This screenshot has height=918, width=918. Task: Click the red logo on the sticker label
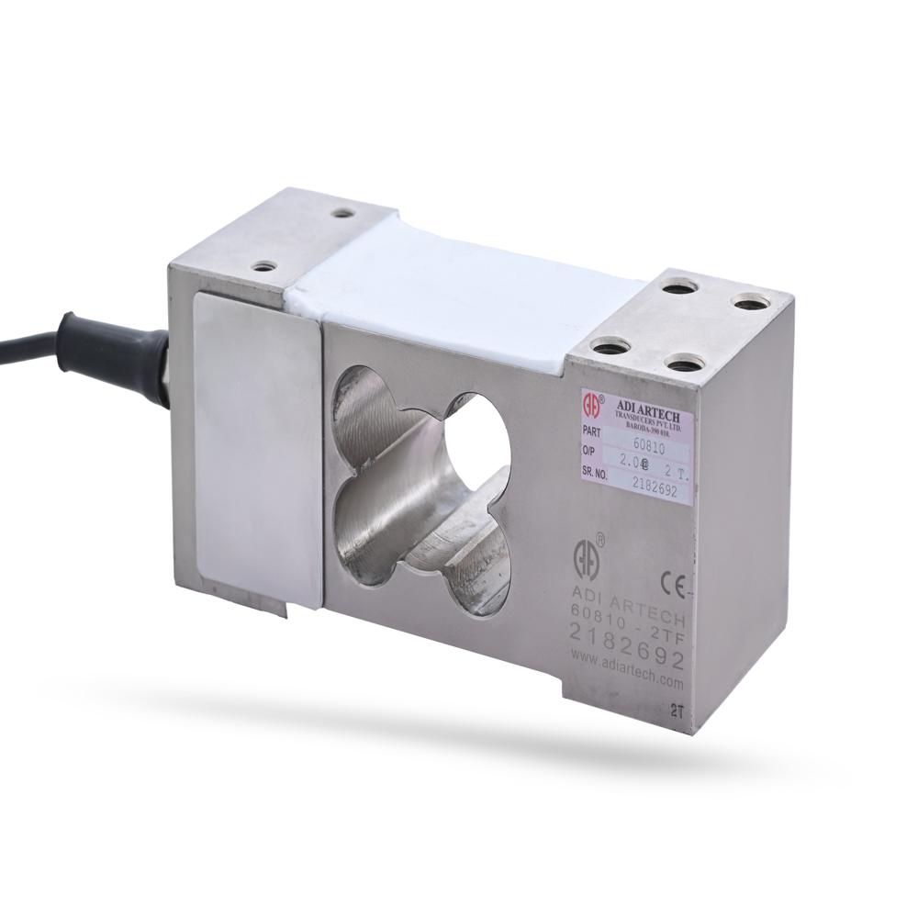point(592,401)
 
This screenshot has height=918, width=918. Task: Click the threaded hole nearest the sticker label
point(610,347)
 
